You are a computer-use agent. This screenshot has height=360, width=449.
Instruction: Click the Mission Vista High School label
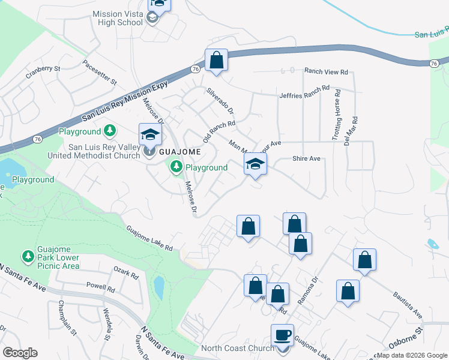117,17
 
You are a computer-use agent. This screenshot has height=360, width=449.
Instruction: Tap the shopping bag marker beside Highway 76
216,60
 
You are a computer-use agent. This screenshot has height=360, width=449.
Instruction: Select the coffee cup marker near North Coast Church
282,335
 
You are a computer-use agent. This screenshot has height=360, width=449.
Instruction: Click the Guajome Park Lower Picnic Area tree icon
28,256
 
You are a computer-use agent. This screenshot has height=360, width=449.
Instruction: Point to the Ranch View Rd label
326,72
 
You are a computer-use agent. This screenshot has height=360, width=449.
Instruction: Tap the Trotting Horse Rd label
337,116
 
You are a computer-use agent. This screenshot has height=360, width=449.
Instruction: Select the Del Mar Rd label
354,129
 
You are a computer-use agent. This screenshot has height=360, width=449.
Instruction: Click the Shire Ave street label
306,159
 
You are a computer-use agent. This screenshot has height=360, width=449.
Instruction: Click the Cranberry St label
43,73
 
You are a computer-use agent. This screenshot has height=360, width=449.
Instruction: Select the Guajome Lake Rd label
149,238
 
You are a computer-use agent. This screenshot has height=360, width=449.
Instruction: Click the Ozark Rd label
126,273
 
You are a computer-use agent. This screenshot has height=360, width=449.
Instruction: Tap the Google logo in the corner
20,353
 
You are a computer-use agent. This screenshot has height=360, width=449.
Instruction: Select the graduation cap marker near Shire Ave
255,163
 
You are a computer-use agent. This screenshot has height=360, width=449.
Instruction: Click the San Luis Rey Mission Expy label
126,103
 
